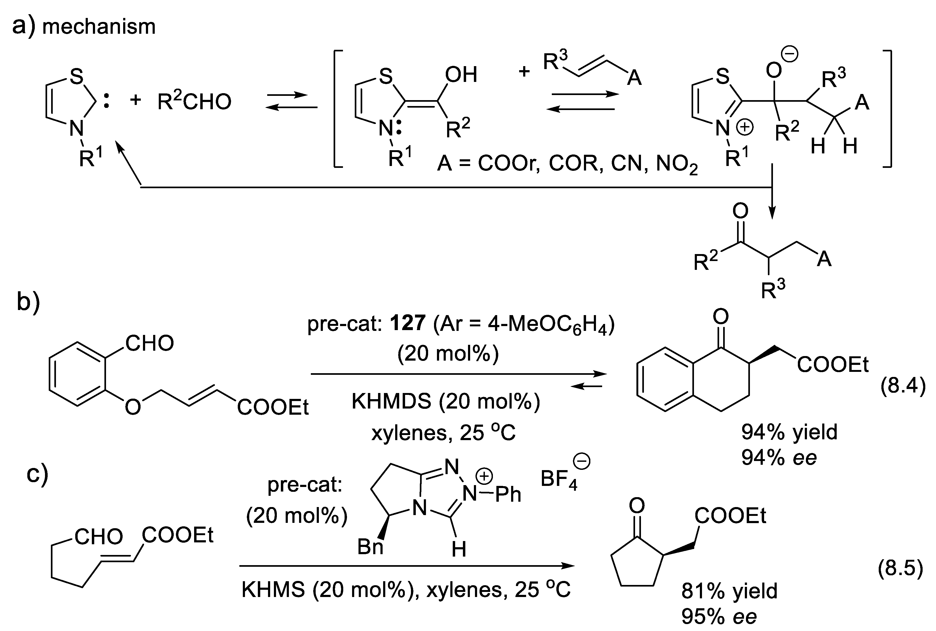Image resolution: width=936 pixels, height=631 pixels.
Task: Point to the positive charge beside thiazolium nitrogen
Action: click(x=745, y=128)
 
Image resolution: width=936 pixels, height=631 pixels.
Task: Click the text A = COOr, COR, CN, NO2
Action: click(x=567, y=164)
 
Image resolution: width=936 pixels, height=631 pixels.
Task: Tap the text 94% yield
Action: click(x=789, y=432)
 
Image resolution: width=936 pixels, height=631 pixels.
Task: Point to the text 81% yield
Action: click(x=729, y=591)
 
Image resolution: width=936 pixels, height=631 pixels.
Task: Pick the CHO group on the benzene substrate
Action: click(x=149, y=343)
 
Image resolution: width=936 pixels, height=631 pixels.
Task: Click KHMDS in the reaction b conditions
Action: click(x=393, y=401)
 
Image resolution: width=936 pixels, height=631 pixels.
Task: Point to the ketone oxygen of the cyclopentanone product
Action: click(x=637, y=505)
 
